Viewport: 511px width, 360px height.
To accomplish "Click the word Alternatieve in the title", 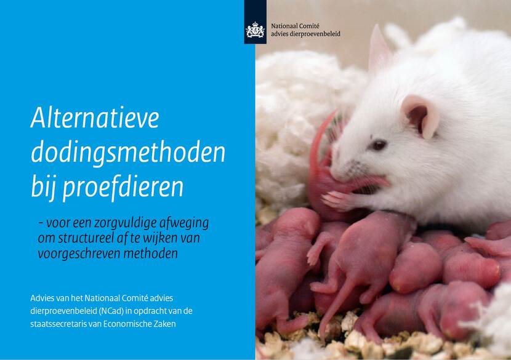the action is tap(95, 118).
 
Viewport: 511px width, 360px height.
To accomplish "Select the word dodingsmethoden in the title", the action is tap(129, 153).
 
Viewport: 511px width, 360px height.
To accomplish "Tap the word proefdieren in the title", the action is tap(123, 187).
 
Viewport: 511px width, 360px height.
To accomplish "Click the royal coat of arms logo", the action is tap(255, 30).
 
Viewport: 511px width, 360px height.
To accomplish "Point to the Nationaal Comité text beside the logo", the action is tap(296, 26).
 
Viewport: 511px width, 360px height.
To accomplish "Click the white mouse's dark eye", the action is tap(379, 145).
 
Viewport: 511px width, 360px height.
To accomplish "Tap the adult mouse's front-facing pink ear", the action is tap(420, 115).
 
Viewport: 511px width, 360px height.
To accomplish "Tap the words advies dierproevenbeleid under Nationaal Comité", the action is tap(306, 34).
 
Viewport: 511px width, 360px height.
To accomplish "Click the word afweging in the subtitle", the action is tap(184, 224).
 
